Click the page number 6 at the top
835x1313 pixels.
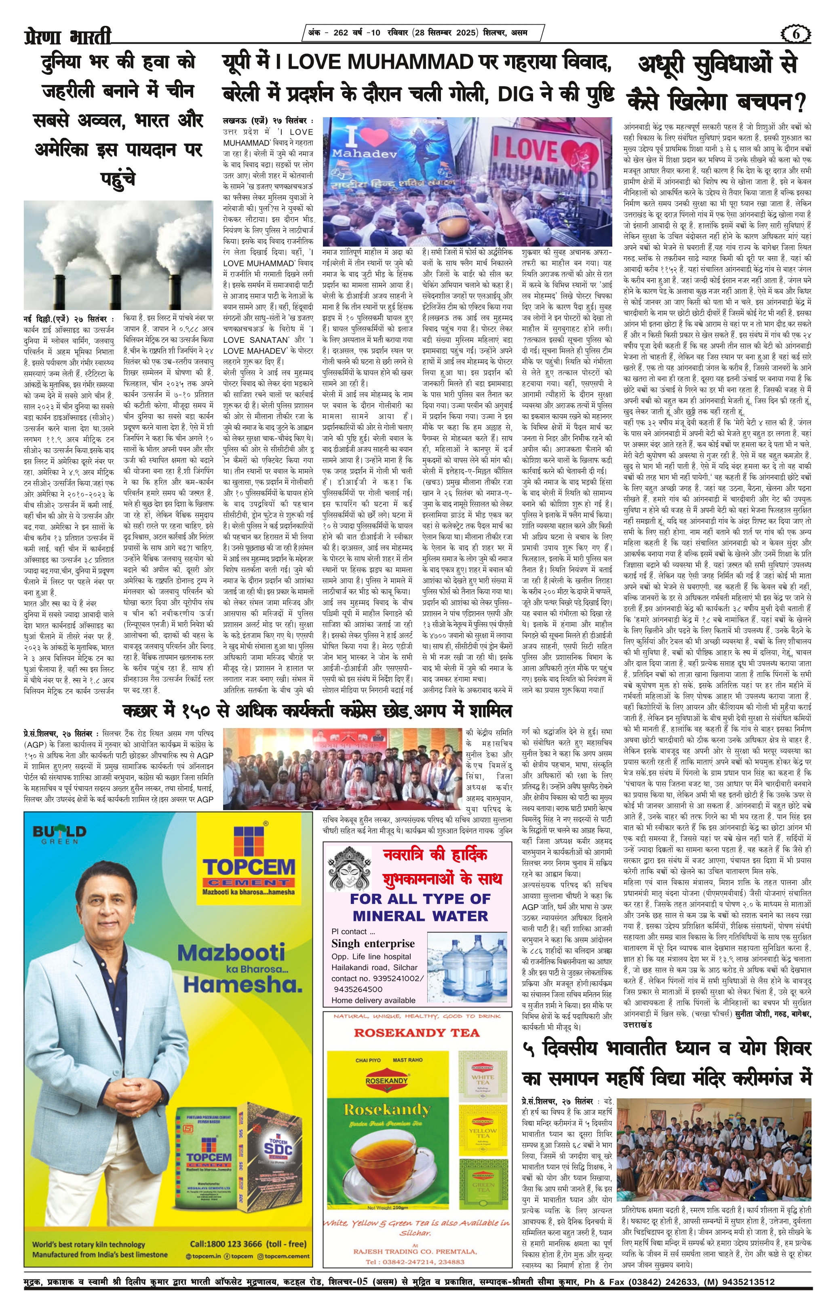796,34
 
